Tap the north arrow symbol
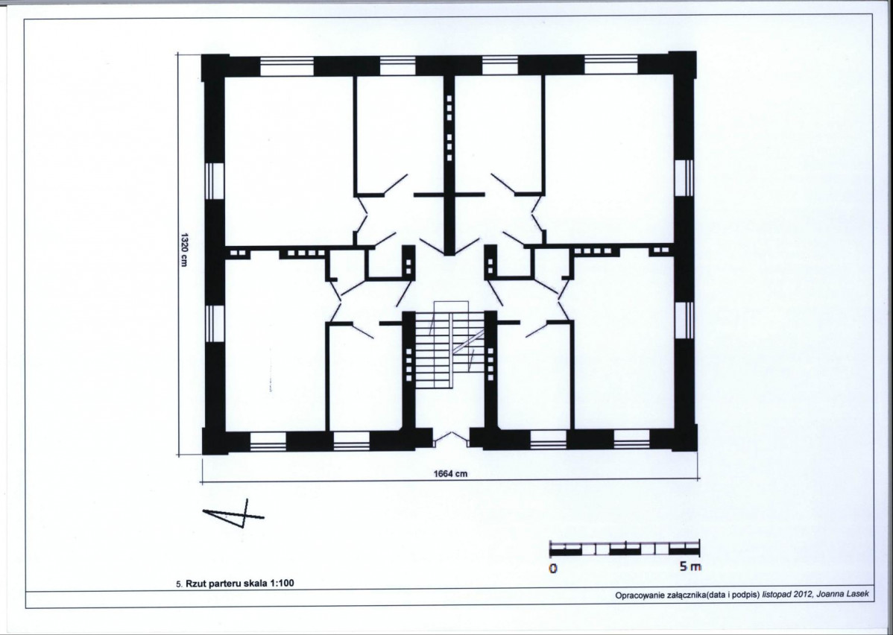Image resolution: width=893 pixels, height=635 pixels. click(x=233, y=514)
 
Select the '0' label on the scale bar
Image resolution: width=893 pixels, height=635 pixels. click(x=552, y=569)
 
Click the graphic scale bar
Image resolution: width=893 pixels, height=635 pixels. click(x=625, y=548)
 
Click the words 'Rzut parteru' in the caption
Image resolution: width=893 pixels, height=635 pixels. click(x=211, y=583)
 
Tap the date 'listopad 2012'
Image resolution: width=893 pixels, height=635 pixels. click(x=788, y=595)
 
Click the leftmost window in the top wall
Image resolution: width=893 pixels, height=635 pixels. click(x=287, y=66)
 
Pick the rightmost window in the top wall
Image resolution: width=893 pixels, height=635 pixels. click(x=610, y=64)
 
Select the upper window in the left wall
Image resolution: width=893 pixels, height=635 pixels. click(x=215, y=181)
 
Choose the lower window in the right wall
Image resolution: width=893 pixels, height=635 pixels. click(x=684, y=320)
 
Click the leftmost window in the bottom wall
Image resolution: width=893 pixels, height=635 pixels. click(x=268, y=441)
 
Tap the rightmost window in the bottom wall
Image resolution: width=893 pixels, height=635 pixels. click(x=631, y=439)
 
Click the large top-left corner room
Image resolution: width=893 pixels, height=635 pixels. click(x=289, y=160)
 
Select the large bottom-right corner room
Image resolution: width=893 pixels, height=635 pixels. click(x=624, y=341)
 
